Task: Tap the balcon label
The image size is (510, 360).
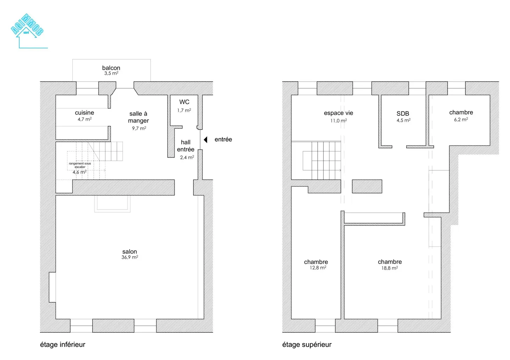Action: click(111, 68)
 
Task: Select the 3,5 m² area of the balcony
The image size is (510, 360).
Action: click(111, 74)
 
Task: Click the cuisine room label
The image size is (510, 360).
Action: click(84, 113)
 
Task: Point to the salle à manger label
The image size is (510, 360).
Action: click(138, 117)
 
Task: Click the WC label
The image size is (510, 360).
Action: click(184, 102)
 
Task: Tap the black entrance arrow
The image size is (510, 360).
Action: click(205, 140)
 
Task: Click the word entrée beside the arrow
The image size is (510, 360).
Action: click(223, 139)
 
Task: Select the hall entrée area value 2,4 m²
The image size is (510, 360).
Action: click(187, 158)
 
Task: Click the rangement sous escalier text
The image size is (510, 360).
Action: click(80, 165)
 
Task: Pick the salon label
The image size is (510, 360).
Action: click(130, 252)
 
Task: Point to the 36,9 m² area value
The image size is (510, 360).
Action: click(130, 258)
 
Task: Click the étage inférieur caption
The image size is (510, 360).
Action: click(63, 344)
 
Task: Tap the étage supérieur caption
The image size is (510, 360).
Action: click(307, 344)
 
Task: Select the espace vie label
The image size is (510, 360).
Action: click(338, 113)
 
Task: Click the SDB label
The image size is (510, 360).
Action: click(403, 114)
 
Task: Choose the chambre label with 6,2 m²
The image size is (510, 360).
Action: click(461, 112)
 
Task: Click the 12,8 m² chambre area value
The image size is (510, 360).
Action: click(318, 268)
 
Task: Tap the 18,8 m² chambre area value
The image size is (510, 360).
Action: click(390, 268)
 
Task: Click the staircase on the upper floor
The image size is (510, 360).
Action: click(322, 160)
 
